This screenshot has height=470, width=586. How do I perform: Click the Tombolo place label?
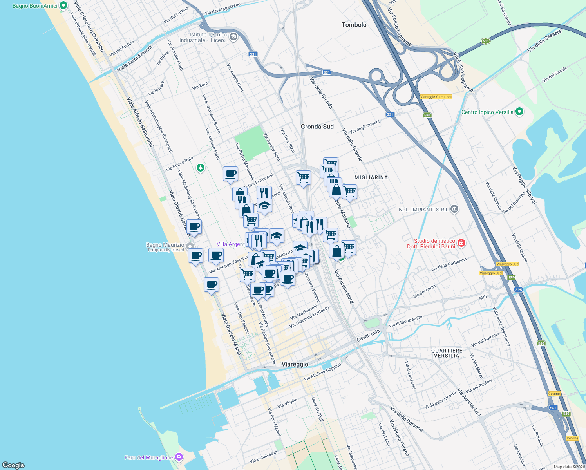354,25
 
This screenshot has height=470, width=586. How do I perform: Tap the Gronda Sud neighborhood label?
317,127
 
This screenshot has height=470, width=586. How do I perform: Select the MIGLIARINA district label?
371,177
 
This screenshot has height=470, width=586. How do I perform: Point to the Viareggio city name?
295,364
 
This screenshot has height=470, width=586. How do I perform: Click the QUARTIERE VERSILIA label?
447,353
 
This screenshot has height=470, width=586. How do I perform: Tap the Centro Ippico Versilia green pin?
519,112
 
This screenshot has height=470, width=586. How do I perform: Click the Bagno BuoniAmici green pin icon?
63,6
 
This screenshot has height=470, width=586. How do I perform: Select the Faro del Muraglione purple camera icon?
179,457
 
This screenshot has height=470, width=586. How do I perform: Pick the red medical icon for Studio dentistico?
461,243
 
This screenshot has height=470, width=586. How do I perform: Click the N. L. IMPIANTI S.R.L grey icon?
454,209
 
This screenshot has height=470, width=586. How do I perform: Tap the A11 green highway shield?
486,41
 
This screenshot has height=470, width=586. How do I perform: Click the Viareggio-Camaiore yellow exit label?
436,97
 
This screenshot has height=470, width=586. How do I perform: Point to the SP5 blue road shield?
519,290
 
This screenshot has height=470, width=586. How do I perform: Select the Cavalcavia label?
368,335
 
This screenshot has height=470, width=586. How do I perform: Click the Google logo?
13,465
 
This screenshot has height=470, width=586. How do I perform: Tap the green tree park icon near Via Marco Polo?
201,168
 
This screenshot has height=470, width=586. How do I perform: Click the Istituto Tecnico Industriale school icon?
233,37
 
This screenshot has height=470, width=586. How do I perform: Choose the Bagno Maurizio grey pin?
190,246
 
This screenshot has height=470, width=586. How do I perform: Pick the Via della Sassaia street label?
544,41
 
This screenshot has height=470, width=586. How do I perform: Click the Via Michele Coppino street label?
322,371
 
